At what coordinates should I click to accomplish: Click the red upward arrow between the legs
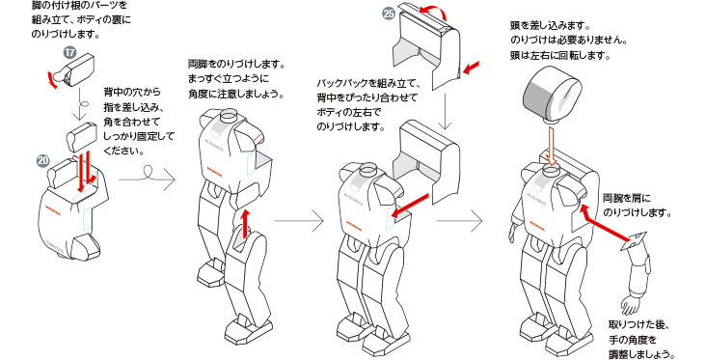click(x=246, y=221)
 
